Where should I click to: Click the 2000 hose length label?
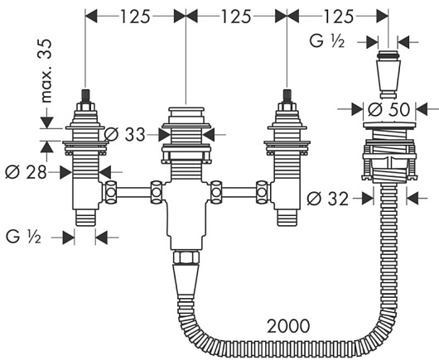click(x=288, y=326)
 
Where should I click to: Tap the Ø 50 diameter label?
click(x=389, y=109)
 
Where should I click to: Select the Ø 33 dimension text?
click(x=125, y=135)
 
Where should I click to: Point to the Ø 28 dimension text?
click(x=26, y=172)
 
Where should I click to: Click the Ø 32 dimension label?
click(x=328, y=199)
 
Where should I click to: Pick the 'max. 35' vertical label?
click(x=45, y=71)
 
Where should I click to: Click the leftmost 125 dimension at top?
click(x=135, y=17)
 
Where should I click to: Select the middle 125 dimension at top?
click(x=236, y=17)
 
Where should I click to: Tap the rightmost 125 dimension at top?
click(x=339, y=17)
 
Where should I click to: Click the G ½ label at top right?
click(x=327, y=41)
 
